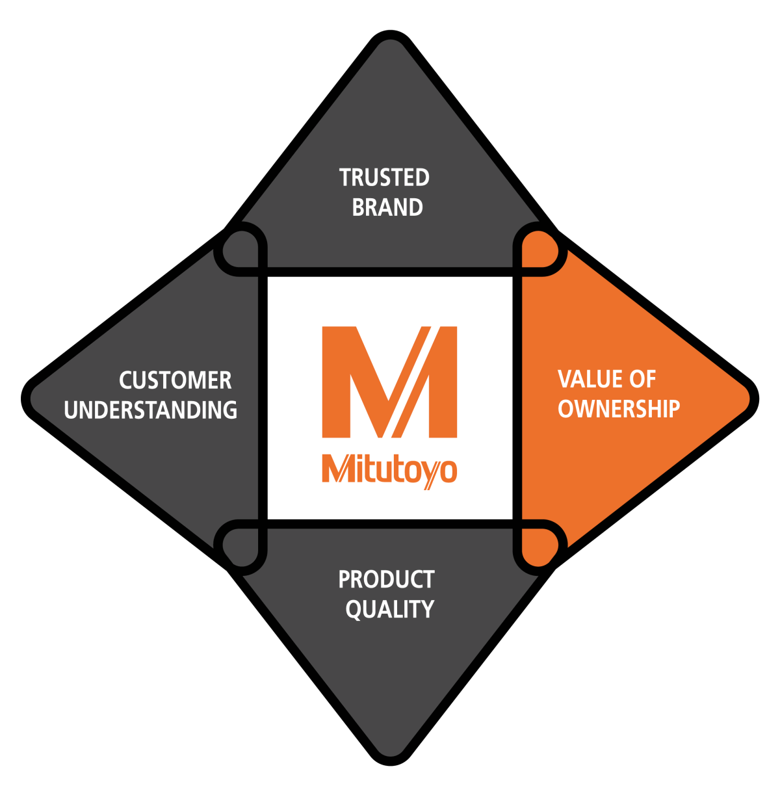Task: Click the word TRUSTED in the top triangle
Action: tap(384, 177)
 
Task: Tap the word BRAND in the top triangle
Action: tap(387, 207)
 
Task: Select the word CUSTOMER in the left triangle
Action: tap(175, 380)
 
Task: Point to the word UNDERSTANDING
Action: tap(151, 410)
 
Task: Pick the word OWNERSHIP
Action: tap(619, 409)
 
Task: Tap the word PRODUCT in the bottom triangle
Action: tap(386, 579)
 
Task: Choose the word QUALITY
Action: tap(389, 609)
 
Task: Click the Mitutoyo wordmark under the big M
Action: tap(389, 469)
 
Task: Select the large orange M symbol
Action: tap(389, 382)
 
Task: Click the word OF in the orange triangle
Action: tap(643, 379)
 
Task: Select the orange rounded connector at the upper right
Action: tap(539, 248)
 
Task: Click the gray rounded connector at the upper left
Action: tap(241, 248)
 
